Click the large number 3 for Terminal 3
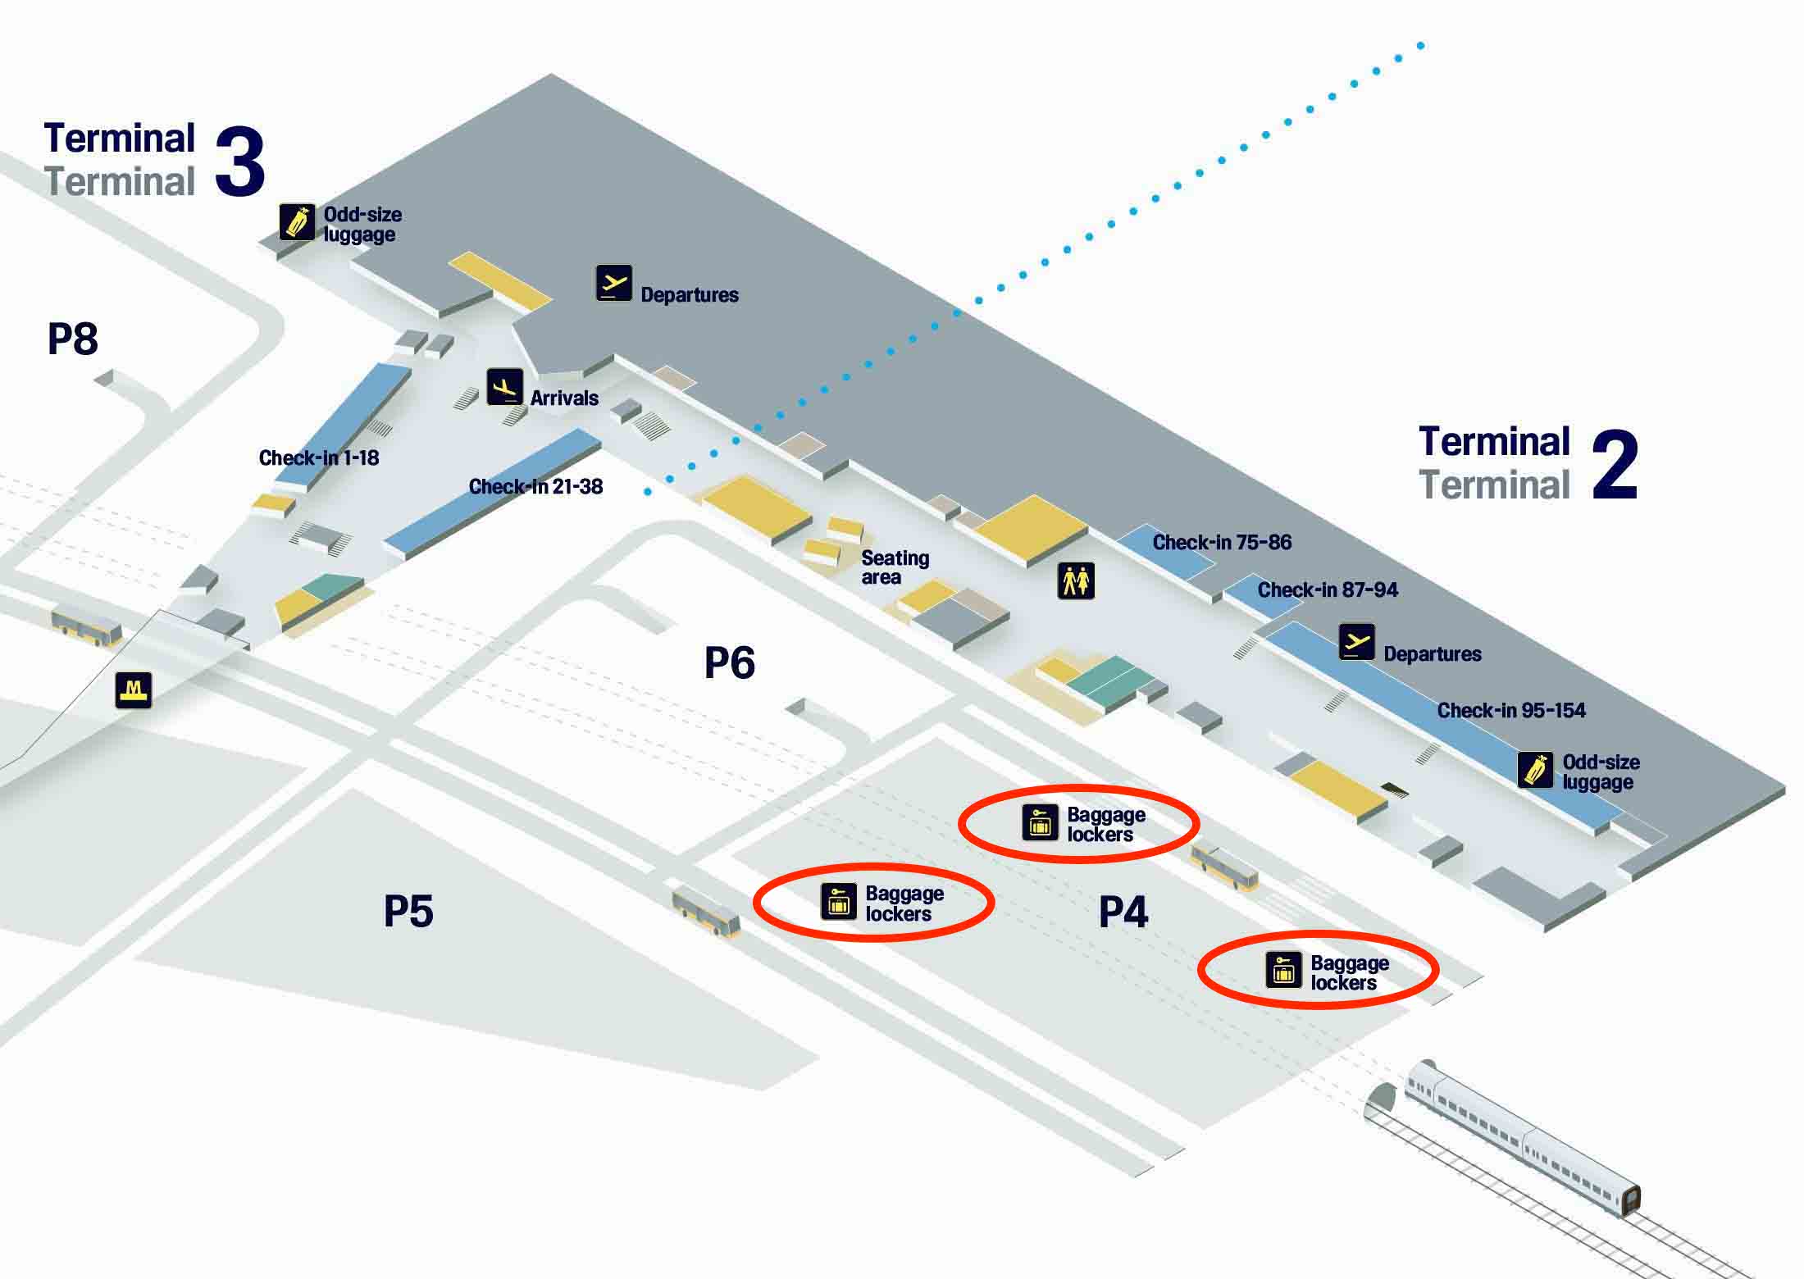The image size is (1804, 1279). tap(240, 162)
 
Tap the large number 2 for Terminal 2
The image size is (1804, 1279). tap(1615, 465)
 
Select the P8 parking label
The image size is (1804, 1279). tap(73, 339)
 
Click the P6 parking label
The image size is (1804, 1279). tap(730, 662)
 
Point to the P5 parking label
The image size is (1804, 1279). tap(408, 911)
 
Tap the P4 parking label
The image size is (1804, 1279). tap(1123, 912)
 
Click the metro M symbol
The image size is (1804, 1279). tap(134, 690)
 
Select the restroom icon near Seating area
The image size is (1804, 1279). tap(1076, 581)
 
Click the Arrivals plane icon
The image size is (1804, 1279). tap(504, 387)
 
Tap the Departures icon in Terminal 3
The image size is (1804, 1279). tap(614, 284)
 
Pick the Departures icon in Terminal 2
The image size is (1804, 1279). tap(1357, 642)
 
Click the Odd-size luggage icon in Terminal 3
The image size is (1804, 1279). tap(297, 221)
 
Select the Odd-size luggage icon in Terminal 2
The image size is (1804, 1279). tap(1535, 771)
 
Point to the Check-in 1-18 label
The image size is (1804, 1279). tap(319, 457)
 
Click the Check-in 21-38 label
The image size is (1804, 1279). tap(535, 486)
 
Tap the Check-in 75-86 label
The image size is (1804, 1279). tap(1222, 542)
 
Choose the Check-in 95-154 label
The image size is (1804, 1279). tap(1511, 710)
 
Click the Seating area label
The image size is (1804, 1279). tap(895, 567)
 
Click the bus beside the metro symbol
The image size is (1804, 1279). tap(87, 626)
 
